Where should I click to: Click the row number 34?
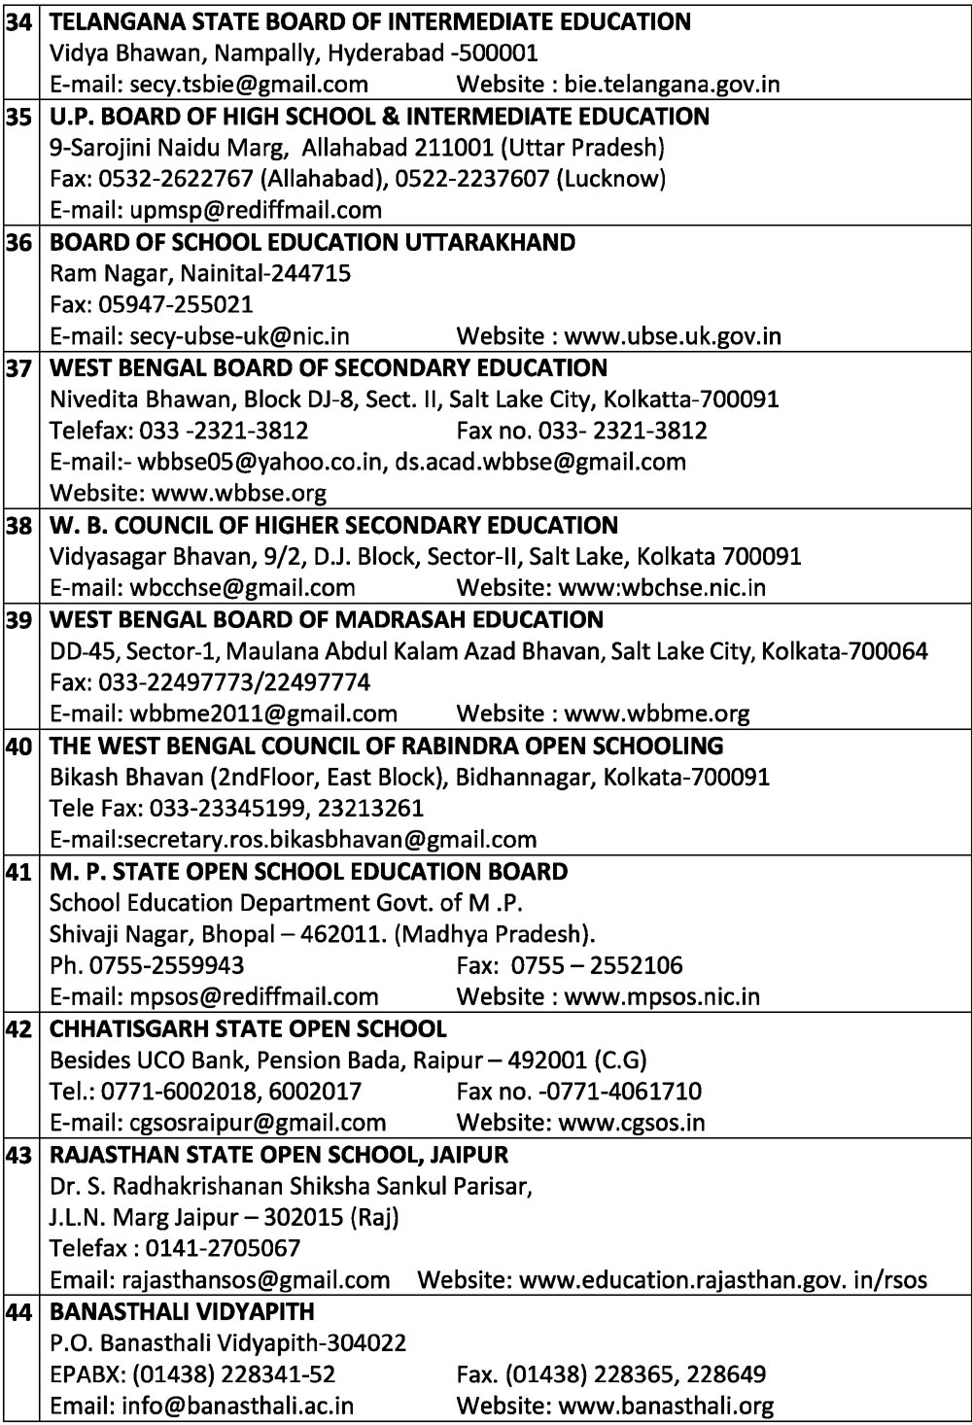(x=18, y=21)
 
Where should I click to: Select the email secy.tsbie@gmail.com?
(x=249, y=85)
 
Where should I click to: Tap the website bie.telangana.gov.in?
(x=672, y=85)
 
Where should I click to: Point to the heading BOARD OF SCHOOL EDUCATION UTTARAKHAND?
(x=312, y=242)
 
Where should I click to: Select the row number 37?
(x=18, y=368)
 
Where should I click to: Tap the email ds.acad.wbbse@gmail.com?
(x=540, y=462)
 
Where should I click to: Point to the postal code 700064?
(x=888, y=650)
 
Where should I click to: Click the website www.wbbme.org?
(x=657, y=713)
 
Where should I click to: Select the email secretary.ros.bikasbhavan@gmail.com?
(x=332, y=839)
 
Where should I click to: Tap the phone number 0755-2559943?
(x=166, y=965)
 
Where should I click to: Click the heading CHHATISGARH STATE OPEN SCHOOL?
(x=248, y=1028)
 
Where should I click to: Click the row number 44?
(x=18, y=1312)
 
